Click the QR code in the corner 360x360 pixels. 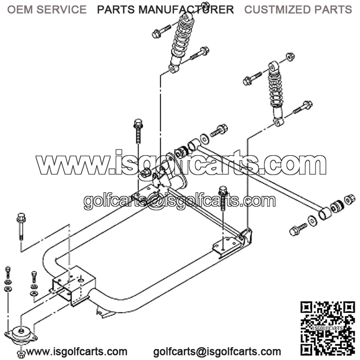328,328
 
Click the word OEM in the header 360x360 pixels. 20,9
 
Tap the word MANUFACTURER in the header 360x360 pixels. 186,9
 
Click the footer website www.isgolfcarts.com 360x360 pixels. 76,351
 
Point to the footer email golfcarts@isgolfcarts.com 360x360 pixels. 217,351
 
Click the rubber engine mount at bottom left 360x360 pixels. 21,335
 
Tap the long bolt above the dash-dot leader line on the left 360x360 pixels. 21,226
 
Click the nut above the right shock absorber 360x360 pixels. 290,57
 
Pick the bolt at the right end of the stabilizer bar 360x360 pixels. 298,229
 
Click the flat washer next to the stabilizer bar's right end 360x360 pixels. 312,220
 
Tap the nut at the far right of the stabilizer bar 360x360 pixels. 350,199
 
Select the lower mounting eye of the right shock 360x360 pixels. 279,121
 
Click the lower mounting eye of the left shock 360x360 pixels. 174,68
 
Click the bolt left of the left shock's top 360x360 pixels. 161,31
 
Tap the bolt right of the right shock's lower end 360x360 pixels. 303,107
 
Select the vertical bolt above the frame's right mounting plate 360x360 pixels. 223,198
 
